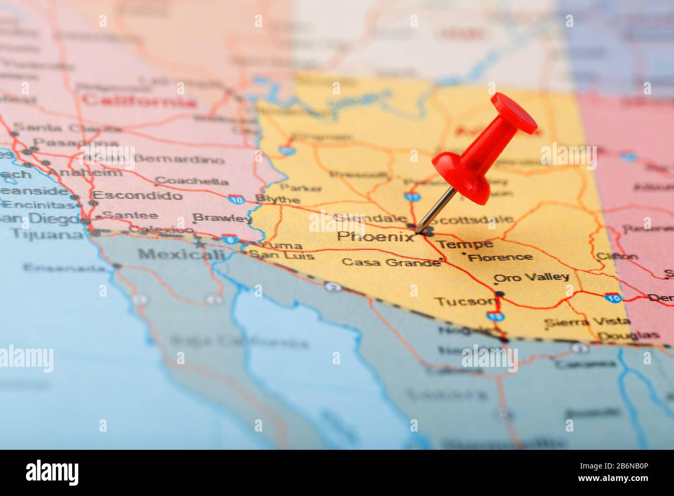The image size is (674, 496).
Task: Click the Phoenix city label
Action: pyautogui.click(x=375, y=237)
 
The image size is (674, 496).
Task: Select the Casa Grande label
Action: pyautogui.click(x=390, y=262)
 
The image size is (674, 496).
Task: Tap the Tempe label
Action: pyautogui.click(x=464, y=244)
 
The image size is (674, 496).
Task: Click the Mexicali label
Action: pyautogui.click(x=181, y=254)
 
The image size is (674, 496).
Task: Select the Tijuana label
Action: pyautogui.click(x=47, y=234)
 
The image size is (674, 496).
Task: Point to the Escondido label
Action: pyautogui.click(x=137, y=196)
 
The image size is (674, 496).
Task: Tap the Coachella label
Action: pyautogui.click(x=192, y=181)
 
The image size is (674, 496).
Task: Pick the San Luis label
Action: pyautogui.click(x=282, y=255)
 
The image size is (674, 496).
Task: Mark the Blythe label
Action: pyautogui.click(x=277, y=199)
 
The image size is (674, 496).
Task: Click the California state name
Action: pyautogui.click(x=139, y=100)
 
